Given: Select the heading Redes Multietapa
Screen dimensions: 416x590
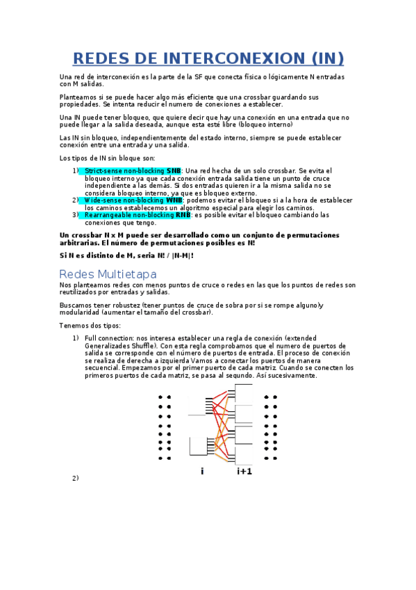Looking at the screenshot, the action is point(108,274).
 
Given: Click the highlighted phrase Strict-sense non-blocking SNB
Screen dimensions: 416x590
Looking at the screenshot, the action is point(133,170).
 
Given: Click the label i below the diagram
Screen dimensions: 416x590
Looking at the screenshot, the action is point(202,472).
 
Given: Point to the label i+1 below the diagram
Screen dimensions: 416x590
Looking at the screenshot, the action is point(244,472).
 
